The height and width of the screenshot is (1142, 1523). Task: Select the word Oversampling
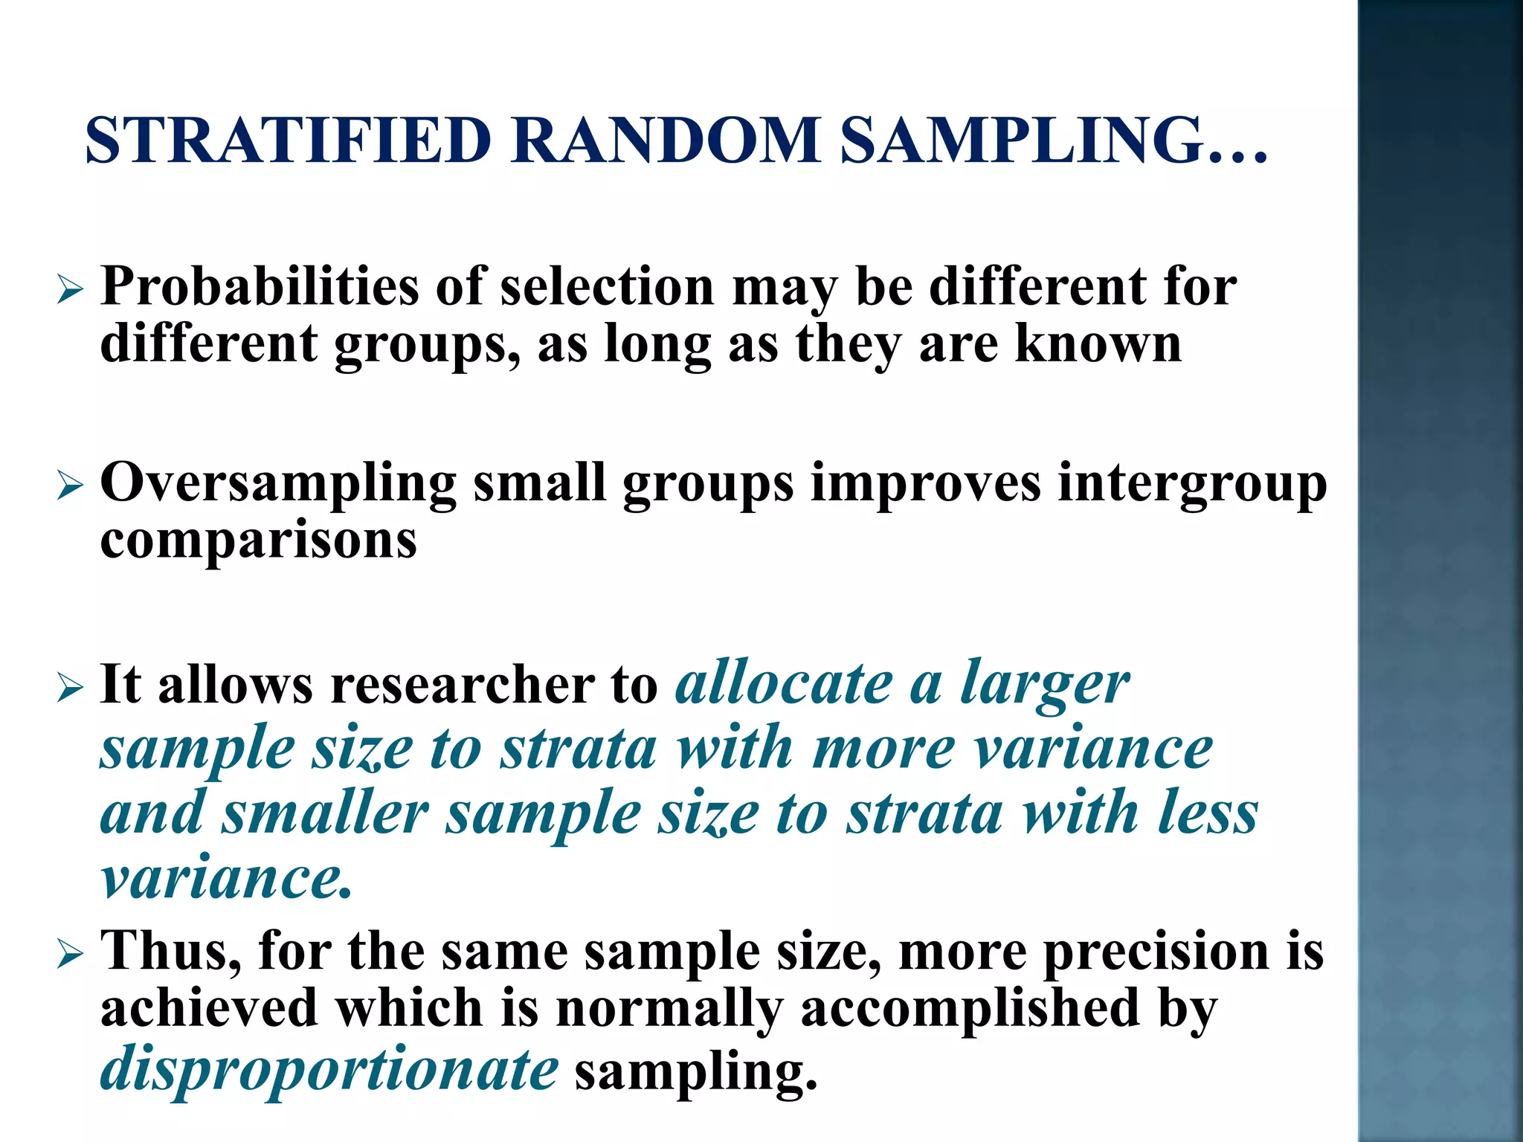point(278,484)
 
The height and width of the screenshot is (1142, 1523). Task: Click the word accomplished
point(970,1008)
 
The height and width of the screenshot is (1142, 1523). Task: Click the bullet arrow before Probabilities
point(70,291)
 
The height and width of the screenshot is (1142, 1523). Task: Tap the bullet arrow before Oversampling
point(70,487)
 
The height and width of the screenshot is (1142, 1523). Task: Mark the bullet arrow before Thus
point(70,955)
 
